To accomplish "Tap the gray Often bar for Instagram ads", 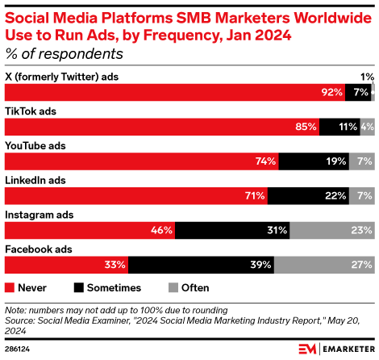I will [x=331, y=230].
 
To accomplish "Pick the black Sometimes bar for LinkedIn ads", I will [x=308, y=195].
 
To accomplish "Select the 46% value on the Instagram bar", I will [x=161, y=230].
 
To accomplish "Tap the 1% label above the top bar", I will [x=367, y=77].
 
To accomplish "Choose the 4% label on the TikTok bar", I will [x=367, y=127].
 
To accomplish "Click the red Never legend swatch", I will [x=10, y=287].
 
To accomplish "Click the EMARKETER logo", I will [x=335, y=348].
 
